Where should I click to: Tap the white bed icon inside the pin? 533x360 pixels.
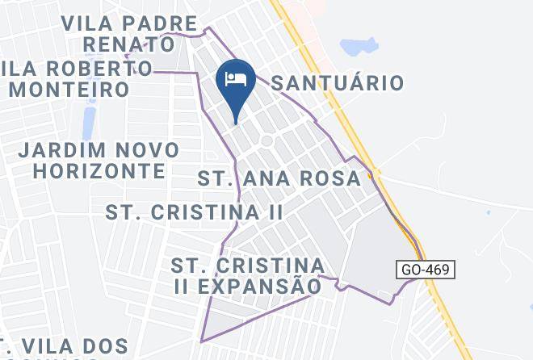click(236, 79)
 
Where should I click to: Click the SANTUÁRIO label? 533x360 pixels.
click(336, 82)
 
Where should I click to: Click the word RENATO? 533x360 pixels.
click(130, 42)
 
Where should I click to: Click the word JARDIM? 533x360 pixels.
click(64, 150)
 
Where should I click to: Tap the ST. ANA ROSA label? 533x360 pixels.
click(278, 178)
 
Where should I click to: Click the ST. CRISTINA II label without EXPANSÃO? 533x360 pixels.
click(195, 212)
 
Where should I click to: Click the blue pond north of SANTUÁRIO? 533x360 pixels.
click(359, 46)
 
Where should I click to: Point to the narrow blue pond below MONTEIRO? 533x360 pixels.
click(87, 121)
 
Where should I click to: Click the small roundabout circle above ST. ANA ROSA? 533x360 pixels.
click(266, 141)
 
